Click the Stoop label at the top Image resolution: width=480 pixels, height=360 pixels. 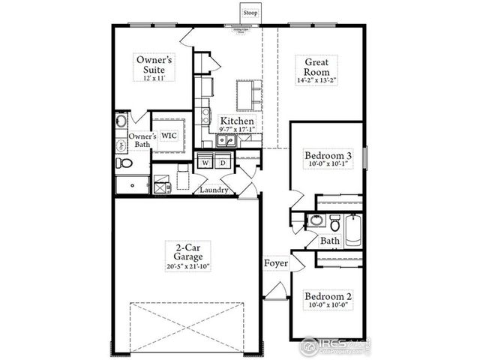[x=249, y=13]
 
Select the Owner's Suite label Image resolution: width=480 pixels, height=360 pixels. [x=154, y=64]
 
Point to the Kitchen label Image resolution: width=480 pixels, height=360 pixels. [x=237, y=121]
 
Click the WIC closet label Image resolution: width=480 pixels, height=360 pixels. [x=169, y=136]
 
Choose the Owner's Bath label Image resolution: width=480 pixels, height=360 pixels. [x=142, y=140]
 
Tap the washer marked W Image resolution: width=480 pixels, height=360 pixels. [x=205, y=162]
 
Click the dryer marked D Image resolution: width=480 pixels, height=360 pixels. [x=223, y=162]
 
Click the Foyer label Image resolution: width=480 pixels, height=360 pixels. [x=276, y=265]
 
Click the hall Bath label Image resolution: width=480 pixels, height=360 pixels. [x=330, y=241]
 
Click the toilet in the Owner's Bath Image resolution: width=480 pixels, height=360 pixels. [x=124, y=162]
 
